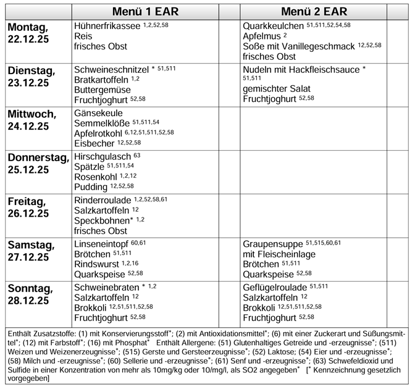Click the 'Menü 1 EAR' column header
pos(145,12)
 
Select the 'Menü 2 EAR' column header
pos(314,12)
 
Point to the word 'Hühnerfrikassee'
pos(107,27)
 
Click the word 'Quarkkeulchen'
pos(273,27)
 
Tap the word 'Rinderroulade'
pos(103,200)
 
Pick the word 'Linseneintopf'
pos(101,243)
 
